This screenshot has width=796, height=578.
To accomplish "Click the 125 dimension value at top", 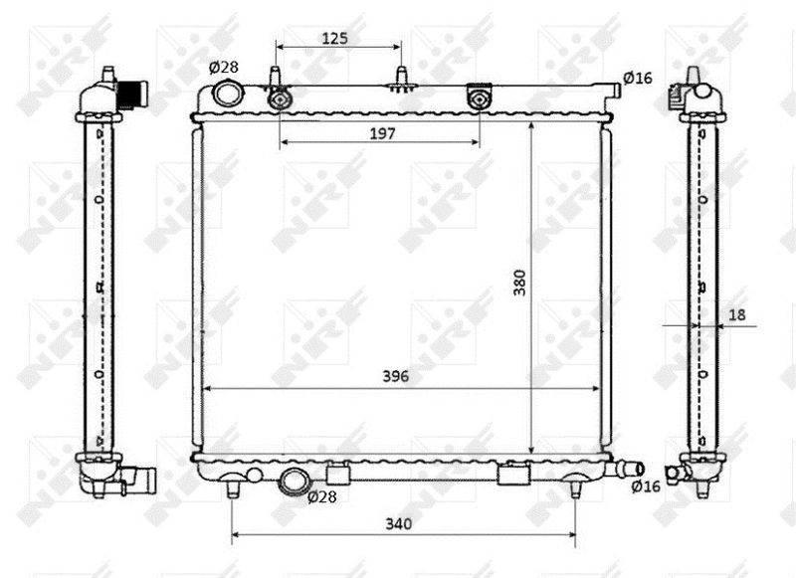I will pyautogui.click(x=335, y=38).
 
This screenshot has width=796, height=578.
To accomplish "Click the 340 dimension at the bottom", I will pyautogui.click(x=398, y=523).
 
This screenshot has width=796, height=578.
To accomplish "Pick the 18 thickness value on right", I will pyautogui.click(x=736, y=314).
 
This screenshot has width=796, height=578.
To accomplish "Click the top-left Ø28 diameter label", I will pyautogui.click(x=224, y=67).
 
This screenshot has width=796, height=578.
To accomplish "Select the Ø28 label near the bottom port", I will pyautogui.click(x=322, y=496).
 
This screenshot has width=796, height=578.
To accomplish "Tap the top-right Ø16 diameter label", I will pyautogui.click(x=637, y=78).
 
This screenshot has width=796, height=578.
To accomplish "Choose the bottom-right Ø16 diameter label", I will pyautogui.click(x=646, y=486).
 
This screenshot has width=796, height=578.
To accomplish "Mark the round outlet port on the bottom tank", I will pyautogui.click(x=295, y=481).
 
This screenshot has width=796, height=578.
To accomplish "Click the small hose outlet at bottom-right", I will pyautogui.click(x=629, y=469).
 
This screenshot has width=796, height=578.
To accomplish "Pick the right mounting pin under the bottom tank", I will pyautogui.click(x=576, y=487).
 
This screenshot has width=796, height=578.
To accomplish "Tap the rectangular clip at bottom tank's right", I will pyautogui.click(x=513, y=475).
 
